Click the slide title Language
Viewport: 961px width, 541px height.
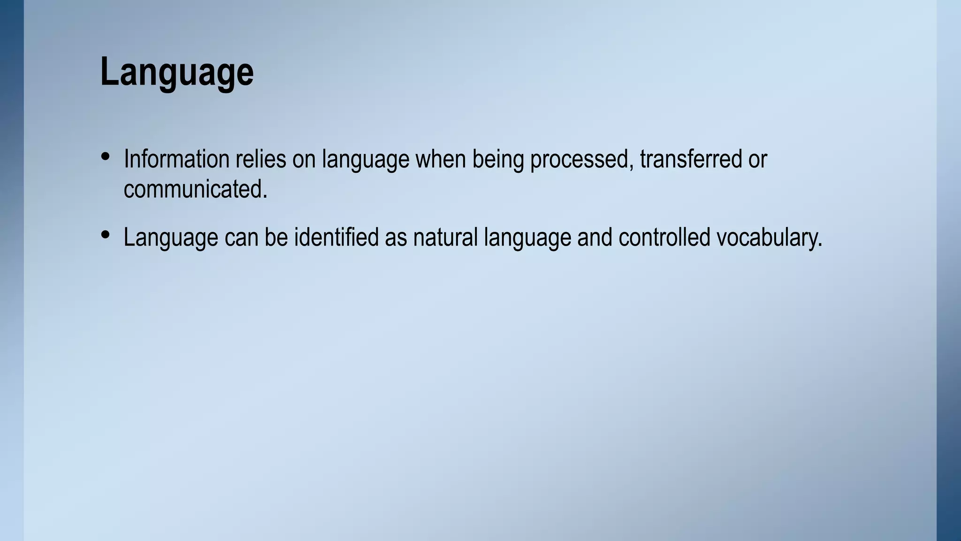pyautogui.click(x=177, y=71)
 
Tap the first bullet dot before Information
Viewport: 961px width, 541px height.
pyautogui.click(x=106, y=156)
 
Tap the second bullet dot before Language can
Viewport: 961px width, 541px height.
pyautogui.click(x=106, y=234)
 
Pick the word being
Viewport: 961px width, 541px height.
pyautogui.click(x=498, y=160)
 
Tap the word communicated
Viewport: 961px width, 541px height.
pyautogui.click(x=195, y=189)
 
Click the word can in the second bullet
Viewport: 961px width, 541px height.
pyautogui.click(x=241, y=237)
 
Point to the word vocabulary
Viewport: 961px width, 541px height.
pyautogui.click(x=769, y=238)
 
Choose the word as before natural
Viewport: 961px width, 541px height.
pyautogui.click(x=396, y=238)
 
